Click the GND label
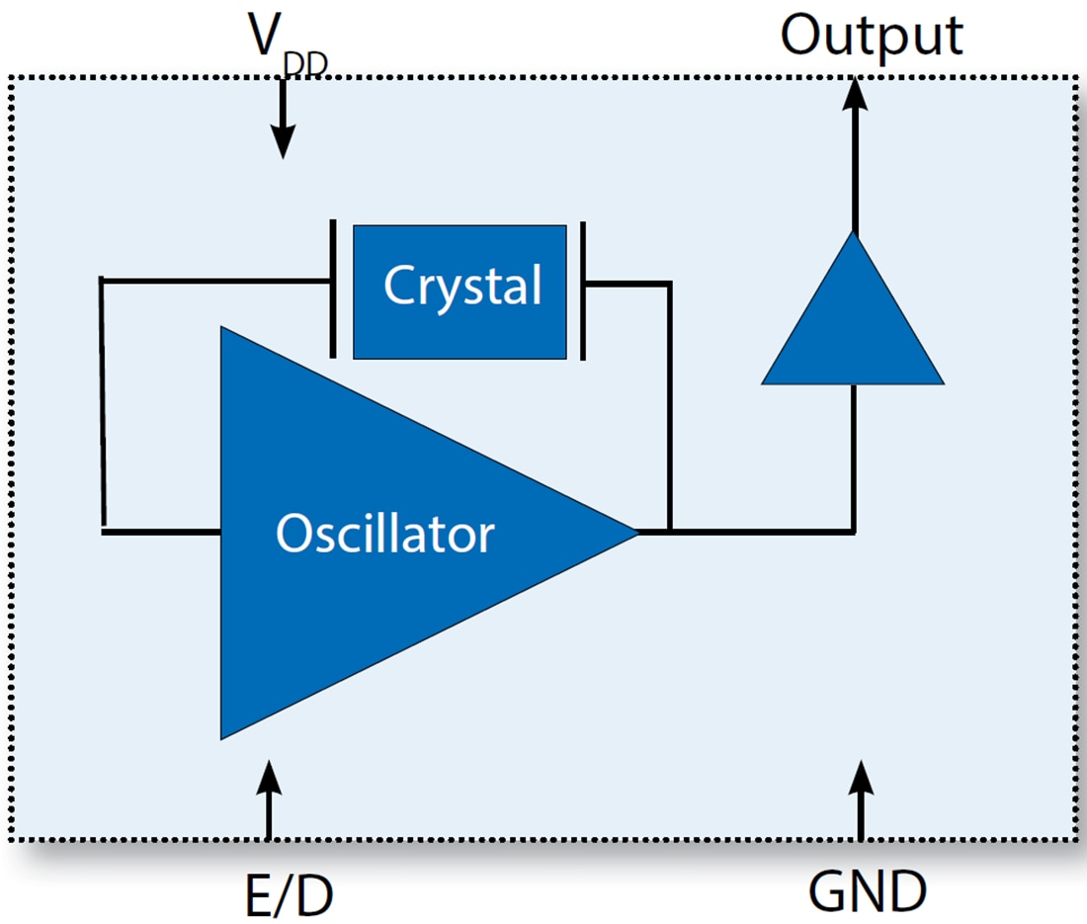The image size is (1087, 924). (867, 891)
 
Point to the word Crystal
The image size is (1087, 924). (462, 287)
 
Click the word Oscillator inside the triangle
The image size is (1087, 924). (384, 534)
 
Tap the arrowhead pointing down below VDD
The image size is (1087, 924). (283, 143)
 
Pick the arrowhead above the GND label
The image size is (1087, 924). (861, 776)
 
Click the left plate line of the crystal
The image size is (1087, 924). (332, 289)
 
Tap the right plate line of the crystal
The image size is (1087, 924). (583, 291)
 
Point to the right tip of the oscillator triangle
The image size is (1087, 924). (637, 533)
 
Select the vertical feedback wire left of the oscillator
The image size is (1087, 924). (102, 405)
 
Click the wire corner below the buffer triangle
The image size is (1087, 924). (854, 532)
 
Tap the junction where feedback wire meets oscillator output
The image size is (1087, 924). (671, 532)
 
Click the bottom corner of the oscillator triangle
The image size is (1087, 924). (222, 736)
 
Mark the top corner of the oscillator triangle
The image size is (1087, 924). (222, 329)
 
